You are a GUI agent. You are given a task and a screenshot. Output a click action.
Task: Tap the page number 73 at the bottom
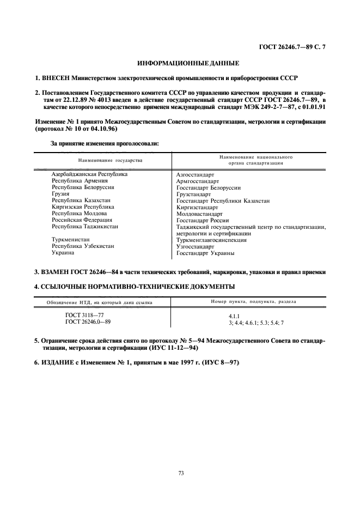180,472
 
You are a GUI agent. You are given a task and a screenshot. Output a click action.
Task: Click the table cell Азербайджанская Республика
89,174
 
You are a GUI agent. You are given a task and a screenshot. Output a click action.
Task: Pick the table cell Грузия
60,194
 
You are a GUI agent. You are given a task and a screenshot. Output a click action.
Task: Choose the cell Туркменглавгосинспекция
211,240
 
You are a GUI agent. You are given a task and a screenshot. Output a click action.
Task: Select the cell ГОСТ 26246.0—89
88,322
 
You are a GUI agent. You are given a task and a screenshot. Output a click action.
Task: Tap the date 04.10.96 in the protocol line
103,129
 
